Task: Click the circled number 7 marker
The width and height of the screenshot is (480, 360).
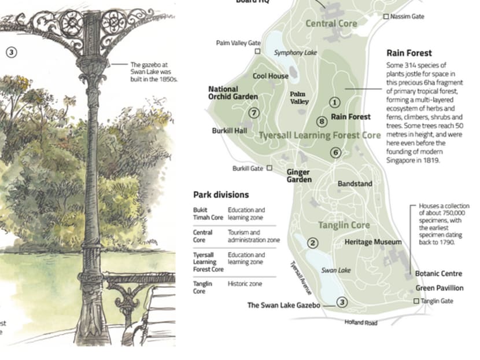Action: click(253, 113)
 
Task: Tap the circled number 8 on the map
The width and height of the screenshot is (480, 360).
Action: click(322, 122)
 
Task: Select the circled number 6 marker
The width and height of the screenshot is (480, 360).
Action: click(335, 153)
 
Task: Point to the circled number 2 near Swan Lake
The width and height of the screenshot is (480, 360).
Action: click(312, 243)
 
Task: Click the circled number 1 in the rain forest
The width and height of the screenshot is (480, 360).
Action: click(334, 102)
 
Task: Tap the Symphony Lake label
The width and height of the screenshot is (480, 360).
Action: click(296, 53)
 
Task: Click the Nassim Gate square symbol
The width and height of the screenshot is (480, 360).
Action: click(386, 17)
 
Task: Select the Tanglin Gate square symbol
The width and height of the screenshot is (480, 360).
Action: click(416, 301)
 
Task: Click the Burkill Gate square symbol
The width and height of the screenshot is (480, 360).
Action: click(269, 168)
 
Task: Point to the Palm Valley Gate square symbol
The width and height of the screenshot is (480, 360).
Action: click(258, 51)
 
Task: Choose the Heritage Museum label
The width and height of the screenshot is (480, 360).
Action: click(372, 242)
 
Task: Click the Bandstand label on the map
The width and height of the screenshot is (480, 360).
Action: click(355, 184)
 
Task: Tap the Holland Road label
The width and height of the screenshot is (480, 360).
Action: click(361, 322)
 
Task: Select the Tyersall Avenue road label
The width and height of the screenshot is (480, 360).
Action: click(300, 277)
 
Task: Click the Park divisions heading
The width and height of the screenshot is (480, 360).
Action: click(221, 194)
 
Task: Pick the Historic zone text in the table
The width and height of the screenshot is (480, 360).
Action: click(245, 284)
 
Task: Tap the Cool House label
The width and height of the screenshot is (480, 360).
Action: click(270, 76)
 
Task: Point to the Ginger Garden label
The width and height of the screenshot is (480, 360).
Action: click(298, 176)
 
